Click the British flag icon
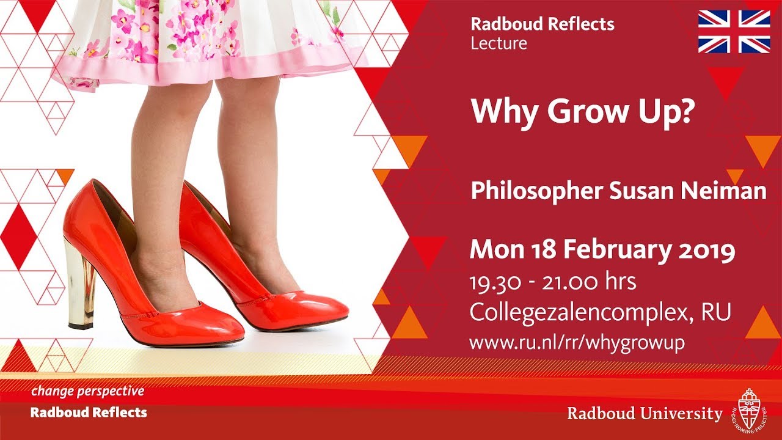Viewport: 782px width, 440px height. (x=734, y=31)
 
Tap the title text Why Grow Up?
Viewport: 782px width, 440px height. (x=581, y=111)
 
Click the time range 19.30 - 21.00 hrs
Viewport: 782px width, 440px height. (x=552, y=282)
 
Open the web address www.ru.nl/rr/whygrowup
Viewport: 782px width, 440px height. (x=577, y=343)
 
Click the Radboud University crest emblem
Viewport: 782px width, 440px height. (x=747, y=409)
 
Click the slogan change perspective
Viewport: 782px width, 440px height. (x=88, y=391)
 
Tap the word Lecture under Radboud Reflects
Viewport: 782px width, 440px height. (x=499, y=43)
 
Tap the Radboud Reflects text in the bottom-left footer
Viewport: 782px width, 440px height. (x=89, y=413)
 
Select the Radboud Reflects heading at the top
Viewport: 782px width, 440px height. (x=542, y=24)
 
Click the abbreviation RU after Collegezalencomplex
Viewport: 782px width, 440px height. (x=717, y=312)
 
